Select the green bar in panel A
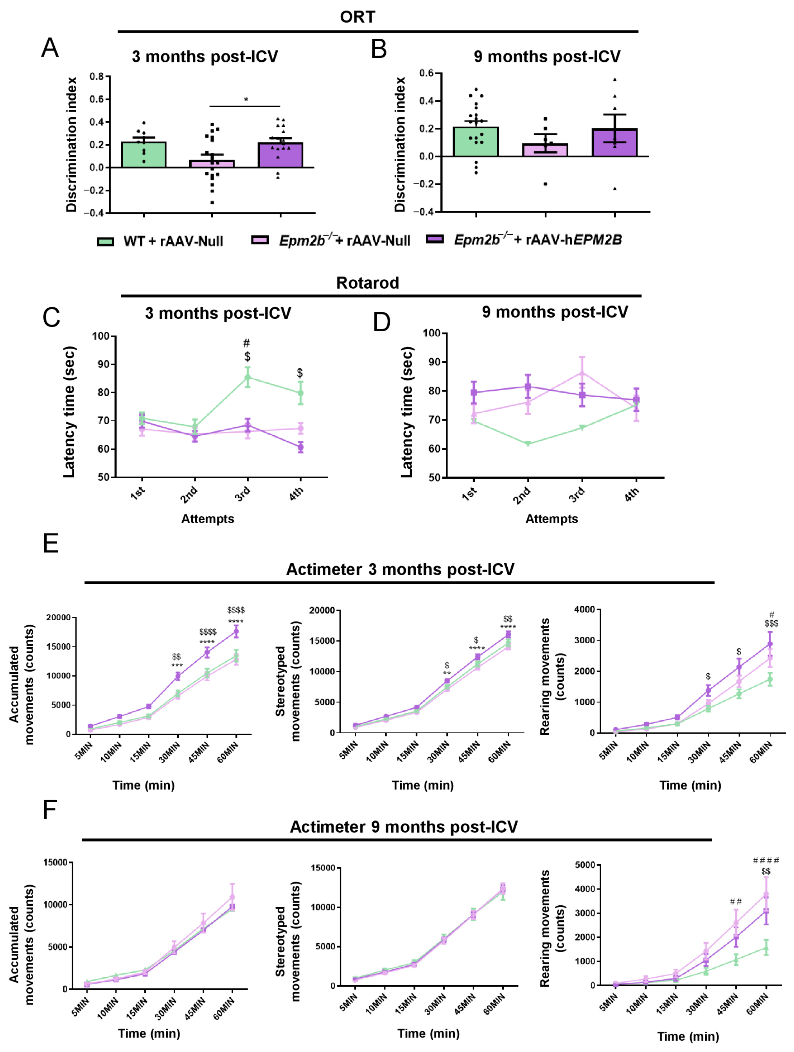[144, 154]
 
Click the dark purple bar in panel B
[614, 143]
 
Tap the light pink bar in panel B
[545, 150]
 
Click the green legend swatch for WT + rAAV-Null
[105, 242]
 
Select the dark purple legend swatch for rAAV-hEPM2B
[435, 239]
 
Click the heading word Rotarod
[367, 283]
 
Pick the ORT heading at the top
[357, 17]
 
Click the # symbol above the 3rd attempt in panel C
[246, 343]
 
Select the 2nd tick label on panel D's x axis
[522, 495]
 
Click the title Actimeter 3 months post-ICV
[400, 570]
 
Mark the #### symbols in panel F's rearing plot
[766, 860]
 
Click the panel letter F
[50, 810]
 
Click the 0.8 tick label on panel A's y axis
[97, 77]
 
